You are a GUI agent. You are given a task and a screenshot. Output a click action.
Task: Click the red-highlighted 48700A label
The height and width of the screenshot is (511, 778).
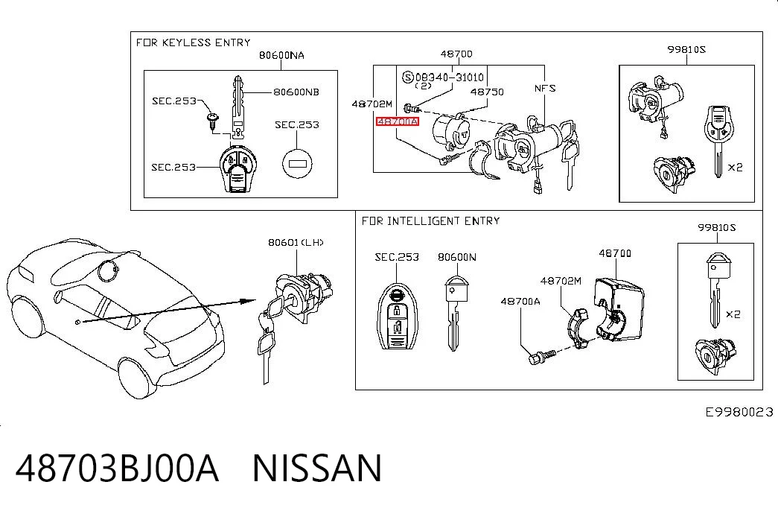click(x=398, y=121)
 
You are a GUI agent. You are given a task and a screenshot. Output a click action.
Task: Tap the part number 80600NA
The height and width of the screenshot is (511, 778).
click(x=281, y=55)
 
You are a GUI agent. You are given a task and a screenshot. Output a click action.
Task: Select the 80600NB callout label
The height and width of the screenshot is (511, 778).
click(x=296, y=92)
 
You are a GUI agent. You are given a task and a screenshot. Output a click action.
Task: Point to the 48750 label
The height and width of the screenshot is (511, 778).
click(x=487, y=92)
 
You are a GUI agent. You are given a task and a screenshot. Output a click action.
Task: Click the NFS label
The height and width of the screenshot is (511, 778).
click(x=545, y=89)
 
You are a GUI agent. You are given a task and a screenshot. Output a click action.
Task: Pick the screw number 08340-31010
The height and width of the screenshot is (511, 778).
click(x=450, y=77)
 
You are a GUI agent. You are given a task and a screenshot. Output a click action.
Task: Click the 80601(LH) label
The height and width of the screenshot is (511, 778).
click(x=296, y=242)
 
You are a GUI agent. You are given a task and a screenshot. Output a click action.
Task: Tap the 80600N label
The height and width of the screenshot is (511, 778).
click(x=457, y=257)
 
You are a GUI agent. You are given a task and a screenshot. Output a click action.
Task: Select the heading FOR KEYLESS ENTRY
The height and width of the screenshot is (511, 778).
click(x=194, y=42)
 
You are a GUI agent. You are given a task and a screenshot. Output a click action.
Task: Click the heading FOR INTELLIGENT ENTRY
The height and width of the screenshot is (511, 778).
click(x=430, y=221)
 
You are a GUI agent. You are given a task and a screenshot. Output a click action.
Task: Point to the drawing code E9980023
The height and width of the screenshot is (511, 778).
click(x=739, y=412)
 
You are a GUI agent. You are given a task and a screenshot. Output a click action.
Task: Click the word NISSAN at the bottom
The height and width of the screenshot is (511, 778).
click(x=318, y=468)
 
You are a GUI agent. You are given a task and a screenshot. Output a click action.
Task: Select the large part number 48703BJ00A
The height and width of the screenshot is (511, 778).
click(x=117, y=468)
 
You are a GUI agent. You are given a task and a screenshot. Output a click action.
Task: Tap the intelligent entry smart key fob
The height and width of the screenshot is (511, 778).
click(x=398, y=317)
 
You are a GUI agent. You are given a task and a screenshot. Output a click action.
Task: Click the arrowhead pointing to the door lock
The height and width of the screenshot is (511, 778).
click(x=247, y=301)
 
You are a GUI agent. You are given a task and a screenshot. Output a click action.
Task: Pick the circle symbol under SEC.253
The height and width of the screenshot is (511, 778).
click(x=297, y=163)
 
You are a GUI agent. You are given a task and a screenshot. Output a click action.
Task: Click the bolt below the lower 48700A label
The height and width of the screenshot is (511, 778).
click(x=541, y=356)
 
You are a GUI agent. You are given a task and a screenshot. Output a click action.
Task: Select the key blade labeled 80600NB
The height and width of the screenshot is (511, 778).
click(x=237, y=106)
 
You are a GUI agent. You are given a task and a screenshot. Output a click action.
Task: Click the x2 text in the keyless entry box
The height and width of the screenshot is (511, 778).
click(x=735, y=168)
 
